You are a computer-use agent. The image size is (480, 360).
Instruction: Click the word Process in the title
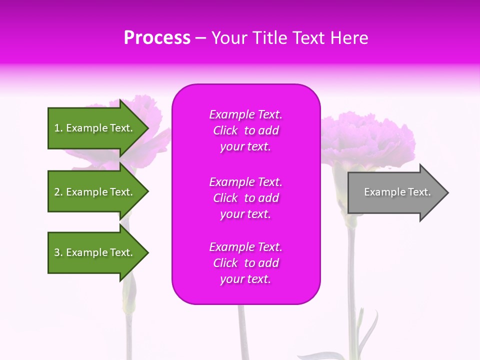pos(157,38)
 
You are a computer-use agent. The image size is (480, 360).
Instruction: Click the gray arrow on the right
pos(395,192)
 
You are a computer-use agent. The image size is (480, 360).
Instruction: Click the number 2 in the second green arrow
pos(57,192)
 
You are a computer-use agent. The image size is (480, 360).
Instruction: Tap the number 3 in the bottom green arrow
pos(57,252)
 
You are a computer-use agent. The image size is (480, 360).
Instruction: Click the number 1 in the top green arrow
pos(57,128)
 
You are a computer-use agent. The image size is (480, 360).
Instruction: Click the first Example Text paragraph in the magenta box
pos(245,130)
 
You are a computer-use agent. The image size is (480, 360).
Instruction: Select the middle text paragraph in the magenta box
pos(245,198)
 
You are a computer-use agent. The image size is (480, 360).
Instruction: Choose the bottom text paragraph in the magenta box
pos(245,263)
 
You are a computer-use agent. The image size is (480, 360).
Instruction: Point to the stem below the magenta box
pos(243,330)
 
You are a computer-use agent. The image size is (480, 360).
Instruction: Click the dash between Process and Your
pos(200,38)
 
